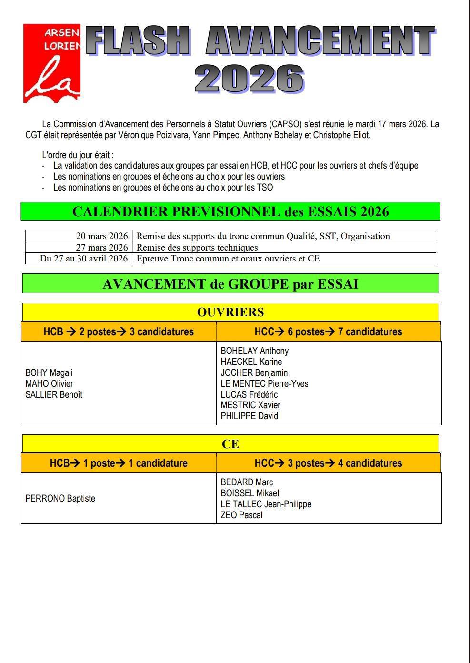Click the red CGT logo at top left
pos(52,63)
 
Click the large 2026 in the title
pos(249,79)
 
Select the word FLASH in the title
pos(138,41)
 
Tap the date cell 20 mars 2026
pos(102,236)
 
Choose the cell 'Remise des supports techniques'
pos(197,247)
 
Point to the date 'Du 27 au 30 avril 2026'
pos(84,258)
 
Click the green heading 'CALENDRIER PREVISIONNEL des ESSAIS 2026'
pos(230,211)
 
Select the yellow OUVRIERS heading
pos(230,312)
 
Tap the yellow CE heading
pos(230,444)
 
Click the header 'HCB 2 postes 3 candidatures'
pos(119,331)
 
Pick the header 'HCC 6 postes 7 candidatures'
pos(328,331)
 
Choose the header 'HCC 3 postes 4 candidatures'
pos(328,463)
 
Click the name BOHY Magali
pos(49,372)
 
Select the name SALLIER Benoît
pos(54,394)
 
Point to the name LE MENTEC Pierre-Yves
pos(264,383)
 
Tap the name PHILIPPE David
pos(249,416)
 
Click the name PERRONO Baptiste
pos(60,498)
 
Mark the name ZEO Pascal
pos(241,515)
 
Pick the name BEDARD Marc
pos(247,482)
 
